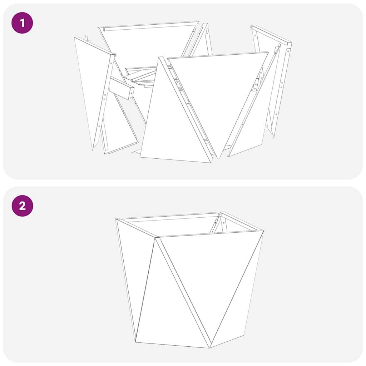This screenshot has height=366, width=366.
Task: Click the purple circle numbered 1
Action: (22, 23)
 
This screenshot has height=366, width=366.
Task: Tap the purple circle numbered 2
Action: (22, 206)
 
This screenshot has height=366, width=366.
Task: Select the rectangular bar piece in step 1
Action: (122, 89)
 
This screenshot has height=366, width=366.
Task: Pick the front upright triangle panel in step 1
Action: (172, 129)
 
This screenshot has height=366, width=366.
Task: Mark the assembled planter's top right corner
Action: (263, 231)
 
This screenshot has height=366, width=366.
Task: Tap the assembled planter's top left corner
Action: (116, 219)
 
